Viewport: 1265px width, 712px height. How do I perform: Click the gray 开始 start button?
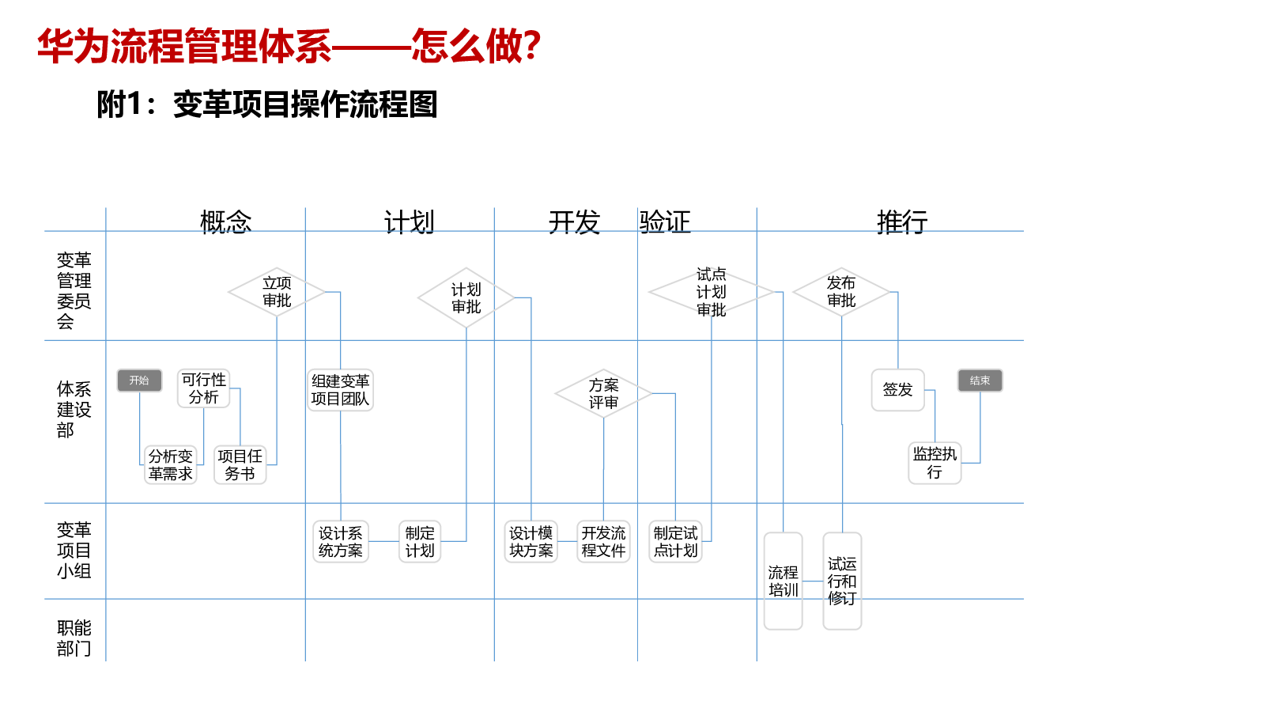click(139, 381)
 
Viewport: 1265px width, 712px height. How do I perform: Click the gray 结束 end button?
click(980, 381)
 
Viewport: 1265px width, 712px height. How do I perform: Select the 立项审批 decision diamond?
click(277, 292)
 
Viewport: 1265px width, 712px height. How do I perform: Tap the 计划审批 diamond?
click(466, 297)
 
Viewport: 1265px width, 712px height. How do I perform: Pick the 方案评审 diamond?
click(603, 393)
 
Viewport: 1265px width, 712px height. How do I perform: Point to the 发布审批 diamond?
click(841, 292)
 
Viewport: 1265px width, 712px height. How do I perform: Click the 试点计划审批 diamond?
click(711, 292)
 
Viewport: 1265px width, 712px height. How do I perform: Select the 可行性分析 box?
click(203, 388)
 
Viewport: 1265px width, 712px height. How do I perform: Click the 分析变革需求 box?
click(170, 464)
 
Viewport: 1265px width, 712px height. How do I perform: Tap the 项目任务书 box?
click(240, 464)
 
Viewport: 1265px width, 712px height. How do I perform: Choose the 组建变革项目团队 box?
click(340, 390)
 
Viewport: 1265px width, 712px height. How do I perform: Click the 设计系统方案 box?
click(341, 541)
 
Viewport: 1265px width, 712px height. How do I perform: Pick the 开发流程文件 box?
click(603, 541)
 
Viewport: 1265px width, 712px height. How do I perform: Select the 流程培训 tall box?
click(783, 581)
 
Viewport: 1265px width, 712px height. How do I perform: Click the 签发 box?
click(898, 390)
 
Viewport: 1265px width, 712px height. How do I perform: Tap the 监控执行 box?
click(935, 463)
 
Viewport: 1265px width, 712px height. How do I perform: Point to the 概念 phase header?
click(226, 222)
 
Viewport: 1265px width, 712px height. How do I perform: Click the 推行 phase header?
click(902, 222)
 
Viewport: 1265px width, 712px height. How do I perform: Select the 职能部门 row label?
click(74, 638)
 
